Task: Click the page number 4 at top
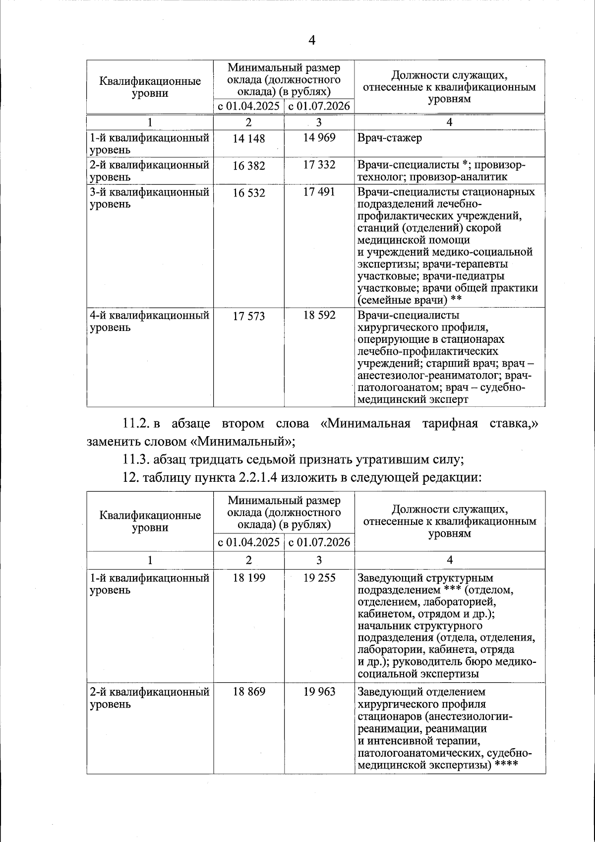pos(311,40)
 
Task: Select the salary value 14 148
pos(249,138)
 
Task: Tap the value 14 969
pos(319,137)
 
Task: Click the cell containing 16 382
pos(249,166)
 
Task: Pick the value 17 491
pos(319,192)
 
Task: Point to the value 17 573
pos(249,316)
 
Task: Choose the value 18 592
pos(319,315)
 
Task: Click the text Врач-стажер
pos(390,138)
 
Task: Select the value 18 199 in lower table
pos(249,578)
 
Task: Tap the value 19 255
pos(319,578)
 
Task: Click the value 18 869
pos(249,692)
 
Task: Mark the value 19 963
pos(319,692)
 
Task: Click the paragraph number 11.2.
pos(136,424)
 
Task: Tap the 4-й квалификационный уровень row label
pos(149,321)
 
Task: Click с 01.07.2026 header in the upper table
pos(319,106)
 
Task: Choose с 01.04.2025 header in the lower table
pos(249,542)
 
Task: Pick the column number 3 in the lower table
pos(319,560)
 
